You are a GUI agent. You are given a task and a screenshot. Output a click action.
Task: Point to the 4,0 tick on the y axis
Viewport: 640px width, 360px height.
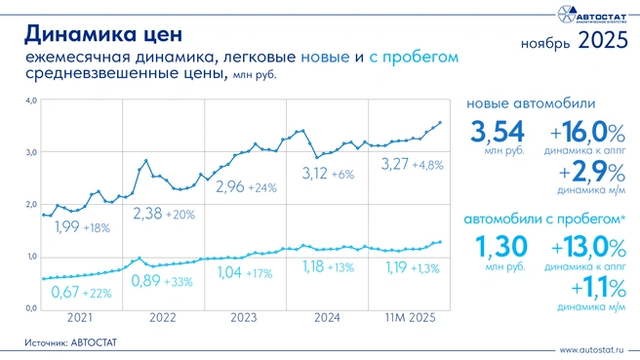(x=31, y=100)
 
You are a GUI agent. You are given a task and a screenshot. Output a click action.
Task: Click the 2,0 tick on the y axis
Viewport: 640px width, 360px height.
(x=31, y=205)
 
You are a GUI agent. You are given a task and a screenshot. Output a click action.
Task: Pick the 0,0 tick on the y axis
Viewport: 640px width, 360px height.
(x=31, y=308)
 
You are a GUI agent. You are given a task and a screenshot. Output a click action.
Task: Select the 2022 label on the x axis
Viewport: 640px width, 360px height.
(x=163, y=318)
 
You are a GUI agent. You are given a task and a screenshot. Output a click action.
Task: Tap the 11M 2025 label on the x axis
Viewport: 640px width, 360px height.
(x=409, y=318)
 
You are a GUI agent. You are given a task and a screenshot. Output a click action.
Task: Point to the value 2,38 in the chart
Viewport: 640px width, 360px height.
(x=149, y=213)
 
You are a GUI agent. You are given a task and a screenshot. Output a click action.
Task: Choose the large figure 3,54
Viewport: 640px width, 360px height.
(x=498, y=130)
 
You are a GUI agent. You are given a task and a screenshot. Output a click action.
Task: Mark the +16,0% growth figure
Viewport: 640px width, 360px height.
(x=587, y=132)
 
